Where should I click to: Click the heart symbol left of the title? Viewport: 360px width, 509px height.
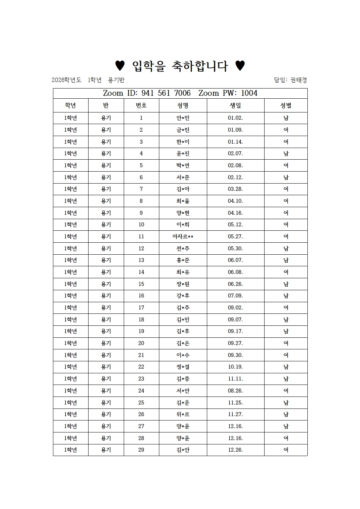click(x=120, y=66)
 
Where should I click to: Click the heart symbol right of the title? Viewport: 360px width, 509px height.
click(x=240, y=66)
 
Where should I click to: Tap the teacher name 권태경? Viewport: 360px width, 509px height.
click(x=298, y=80)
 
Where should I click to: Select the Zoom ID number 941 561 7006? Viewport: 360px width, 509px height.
click(x=166, y=93)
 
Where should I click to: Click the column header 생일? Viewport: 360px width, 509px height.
click(x=235, y=106)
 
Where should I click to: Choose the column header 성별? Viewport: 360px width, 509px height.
click(x=286, y=106)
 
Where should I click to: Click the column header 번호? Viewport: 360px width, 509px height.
click(x=141, y=106)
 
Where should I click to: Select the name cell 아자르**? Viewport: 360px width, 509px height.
click(x=183, y=237)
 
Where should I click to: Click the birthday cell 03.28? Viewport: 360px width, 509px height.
click(x=235, y=189)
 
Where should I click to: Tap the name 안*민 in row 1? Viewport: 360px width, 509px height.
click(x=183, y=118)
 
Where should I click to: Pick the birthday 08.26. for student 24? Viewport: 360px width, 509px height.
click(x=235, y=391)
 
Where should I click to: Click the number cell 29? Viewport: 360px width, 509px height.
click(x=141, y=450)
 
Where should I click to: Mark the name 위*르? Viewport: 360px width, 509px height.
click(x=183, y=414)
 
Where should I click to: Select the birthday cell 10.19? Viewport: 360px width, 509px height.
click(x=235, y=367)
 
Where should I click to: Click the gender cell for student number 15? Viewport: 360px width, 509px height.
click(x=286, y=284)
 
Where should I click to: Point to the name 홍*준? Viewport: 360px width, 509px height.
click(x=183, y=260)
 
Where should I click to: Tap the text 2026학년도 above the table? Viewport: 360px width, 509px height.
click(x=66, y=80)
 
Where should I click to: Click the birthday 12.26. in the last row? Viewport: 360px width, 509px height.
click(x=235, y=450)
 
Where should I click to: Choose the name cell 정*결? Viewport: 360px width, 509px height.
click(x=183, y=367)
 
